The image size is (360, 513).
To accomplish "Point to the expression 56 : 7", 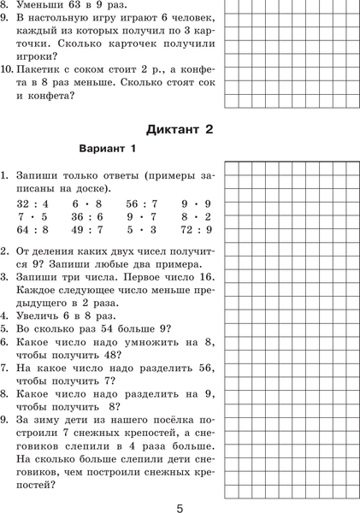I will (141, 203).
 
